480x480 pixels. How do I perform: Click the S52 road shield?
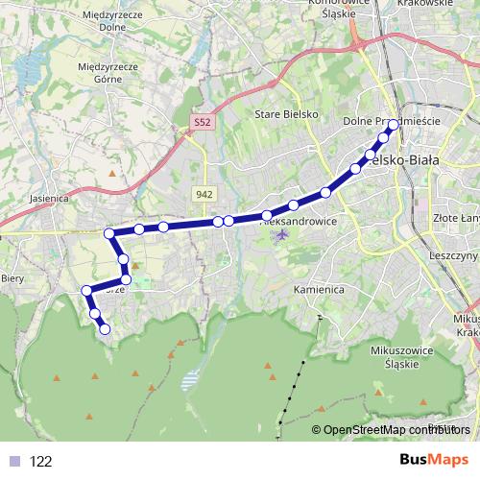coord(200,124)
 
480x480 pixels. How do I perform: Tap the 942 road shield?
coord(203,194)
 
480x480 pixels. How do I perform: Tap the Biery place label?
coord(12,278)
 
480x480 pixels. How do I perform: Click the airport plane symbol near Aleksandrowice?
coord(280,234)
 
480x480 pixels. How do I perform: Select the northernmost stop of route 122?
coord(393,125)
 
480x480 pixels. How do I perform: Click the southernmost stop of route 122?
coord(105,330)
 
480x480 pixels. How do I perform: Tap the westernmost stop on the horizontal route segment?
coord(109,232)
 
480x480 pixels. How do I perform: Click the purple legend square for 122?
coord(12,461)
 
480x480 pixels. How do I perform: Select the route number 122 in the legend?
coord(40,461)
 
